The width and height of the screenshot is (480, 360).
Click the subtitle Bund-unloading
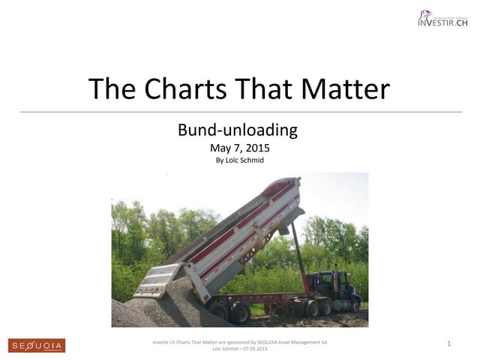tap(238, 130)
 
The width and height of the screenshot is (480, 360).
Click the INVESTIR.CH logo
tap(442, 19)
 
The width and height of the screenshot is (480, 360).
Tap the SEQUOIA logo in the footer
tap(37, 345)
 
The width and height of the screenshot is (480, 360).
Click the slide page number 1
tap(448, 343)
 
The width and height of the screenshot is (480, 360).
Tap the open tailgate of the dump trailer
tap(158, 278)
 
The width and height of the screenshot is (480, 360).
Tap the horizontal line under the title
tap(240, 112)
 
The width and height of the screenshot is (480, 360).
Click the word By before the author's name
tap(220, 160)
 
